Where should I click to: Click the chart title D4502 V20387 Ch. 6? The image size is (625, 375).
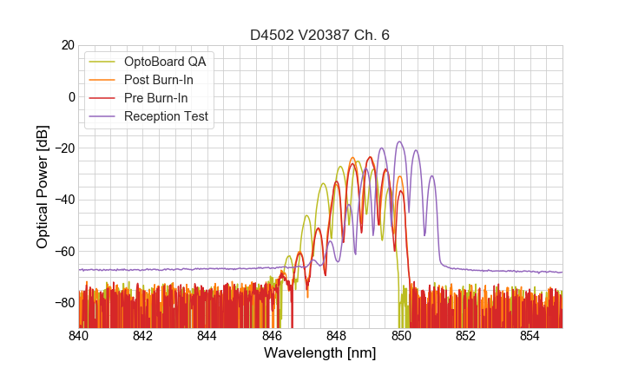coord(320,35)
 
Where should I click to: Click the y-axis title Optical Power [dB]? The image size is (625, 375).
coord(43,187)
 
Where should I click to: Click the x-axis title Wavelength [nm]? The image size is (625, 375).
coord(320,353)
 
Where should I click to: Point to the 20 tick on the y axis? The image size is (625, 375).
coord(65,45)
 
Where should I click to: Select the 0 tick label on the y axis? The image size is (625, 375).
coord(69,96)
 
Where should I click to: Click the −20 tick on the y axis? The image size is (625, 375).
coord(62,148)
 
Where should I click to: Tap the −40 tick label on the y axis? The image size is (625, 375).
coord(62,200)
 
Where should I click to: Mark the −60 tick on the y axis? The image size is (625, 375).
coord(62,251)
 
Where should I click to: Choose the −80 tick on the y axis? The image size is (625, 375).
coord(62,302)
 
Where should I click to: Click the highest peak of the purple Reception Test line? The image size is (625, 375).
coord(399,141)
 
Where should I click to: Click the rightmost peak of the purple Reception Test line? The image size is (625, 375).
coord(431,176)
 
